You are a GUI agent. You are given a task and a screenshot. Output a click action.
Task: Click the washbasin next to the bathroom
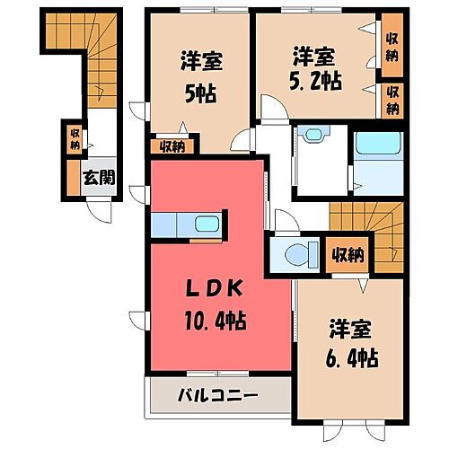(313, 136)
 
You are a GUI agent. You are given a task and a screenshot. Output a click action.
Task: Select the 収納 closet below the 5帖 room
(169, 147)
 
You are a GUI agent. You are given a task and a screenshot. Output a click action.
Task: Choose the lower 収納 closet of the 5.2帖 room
(392, 99)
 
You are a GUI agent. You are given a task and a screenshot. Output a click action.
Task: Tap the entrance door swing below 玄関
(101, 210)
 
